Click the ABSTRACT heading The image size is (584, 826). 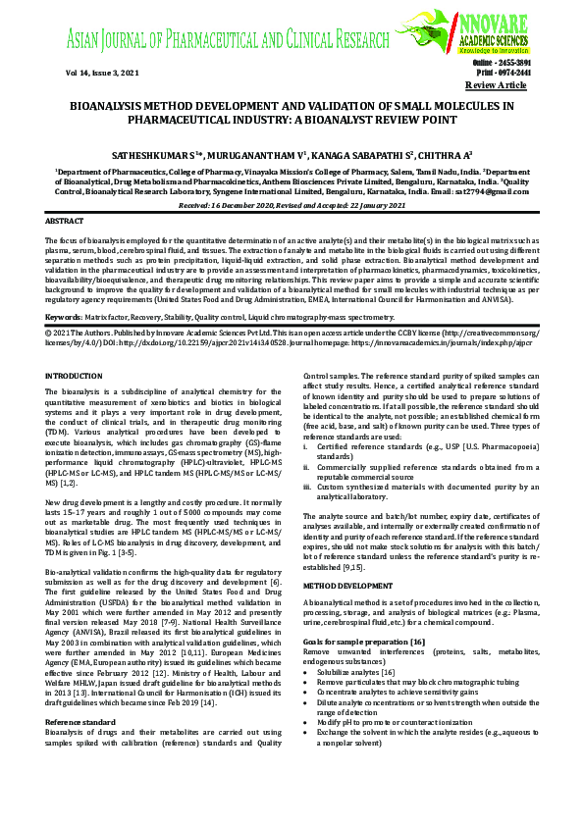coord(66,223)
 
